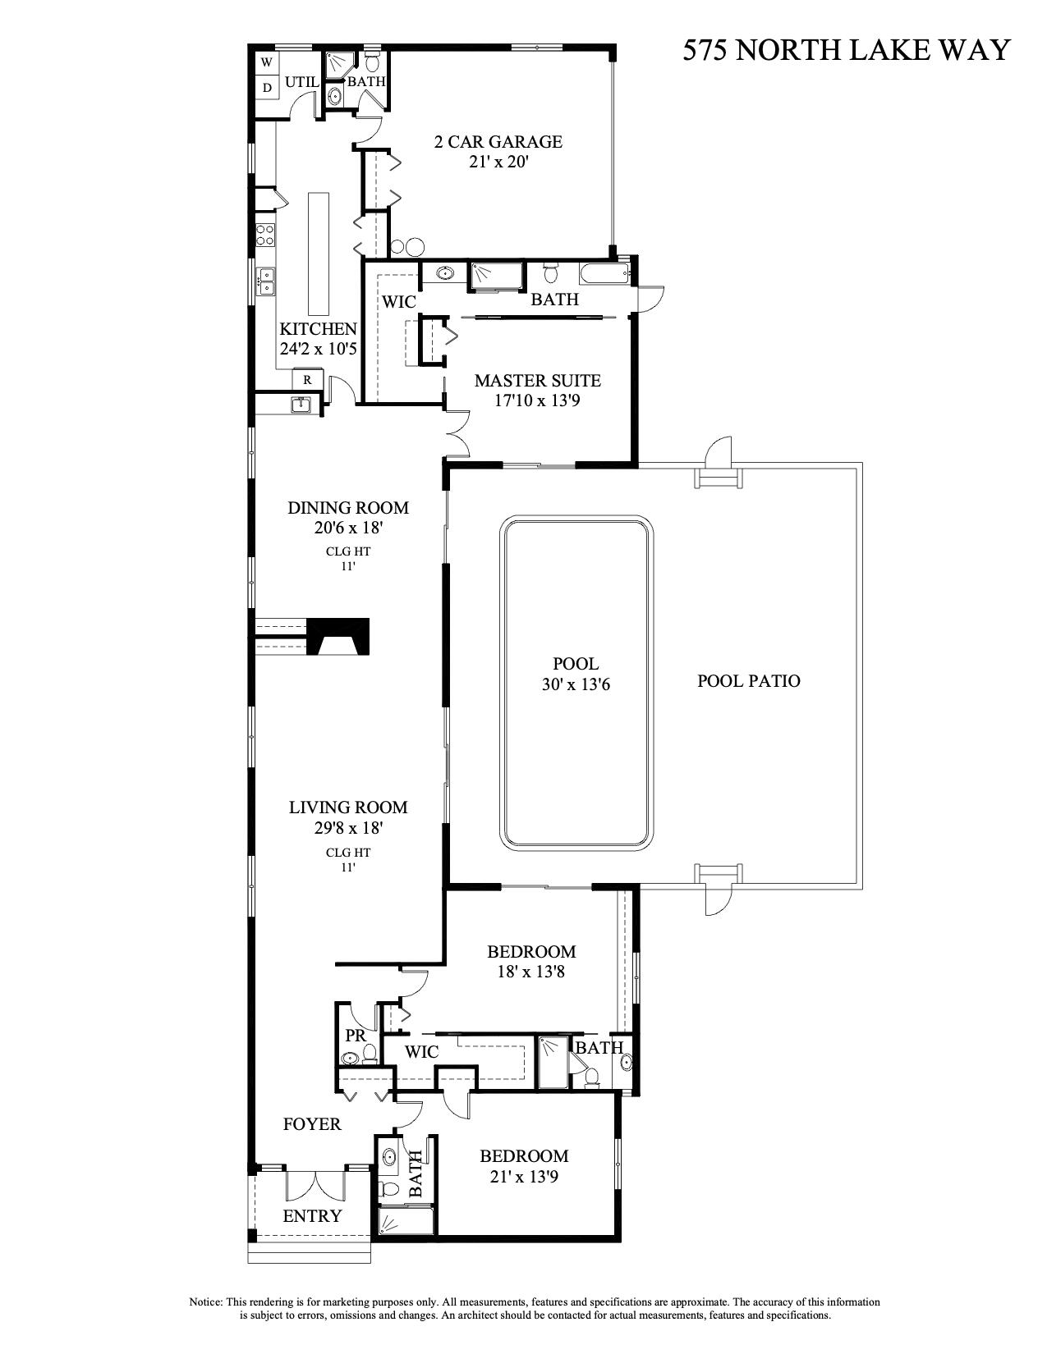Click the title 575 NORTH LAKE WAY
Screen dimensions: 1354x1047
coord(846,51)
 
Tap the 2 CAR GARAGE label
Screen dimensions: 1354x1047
coord(498,141)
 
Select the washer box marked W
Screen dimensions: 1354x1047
coord(267,62)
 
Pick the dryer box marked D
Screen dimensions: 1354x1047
coord(267,87)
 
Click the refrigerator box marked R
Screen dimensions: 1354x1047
coord(308,379)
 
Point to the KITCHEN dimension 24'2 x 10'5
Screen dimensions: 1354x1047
coord(318,349)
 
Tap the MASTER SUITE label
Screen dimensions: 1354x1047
coord(537,381)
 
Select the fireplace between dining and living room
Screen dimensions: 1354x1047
coord(339,636)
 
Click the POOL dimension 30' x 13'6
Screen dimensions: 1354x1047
coord(575,684)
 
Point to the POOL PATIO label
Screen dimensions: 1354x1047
coord(748,680)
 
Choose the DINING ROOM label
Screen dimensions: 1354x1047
coord(347,508)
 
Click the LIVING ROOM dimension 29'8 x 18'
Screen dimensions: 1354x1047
coord(348,828)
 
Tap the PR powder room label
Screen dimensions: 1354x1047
coord(355,1036)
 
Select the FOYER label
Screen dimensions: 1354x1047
coord(312,1124)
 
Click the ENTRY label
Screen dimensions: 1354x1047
coord(312,1216)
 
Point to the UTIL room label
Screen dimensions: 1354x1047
coord(301,82)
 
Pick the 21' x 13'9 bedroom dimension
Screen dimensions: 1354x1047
coord(524,1177)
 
